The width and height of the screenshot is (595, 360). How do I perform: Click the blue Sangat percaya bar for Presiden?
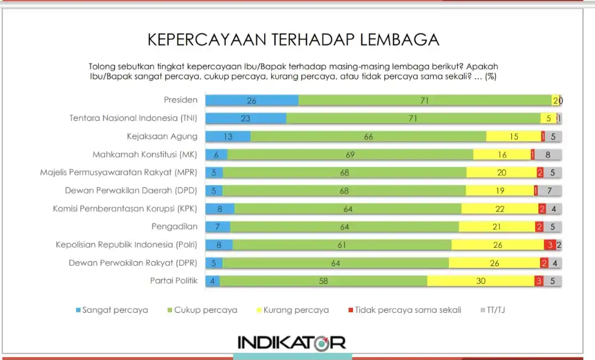[252, 100]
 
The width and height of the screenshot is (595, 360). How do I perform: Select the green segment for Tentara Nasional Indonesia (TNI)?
[414, 118]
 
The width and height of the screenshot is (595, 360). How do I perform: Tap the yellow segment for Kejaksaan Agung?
[513, 136]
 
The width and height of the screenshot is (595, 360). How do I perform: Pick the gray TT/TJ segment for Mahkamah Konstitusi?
[548, 155]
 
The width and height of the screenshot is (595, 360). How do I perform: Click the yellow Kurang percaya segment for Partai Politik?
[481, 281]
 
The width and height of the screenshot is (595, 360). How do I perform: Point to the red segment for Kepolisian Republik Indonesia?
[550, 245]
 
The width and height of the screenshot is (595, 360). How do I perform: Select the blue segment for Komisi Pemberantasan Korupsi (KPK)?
[220, 209]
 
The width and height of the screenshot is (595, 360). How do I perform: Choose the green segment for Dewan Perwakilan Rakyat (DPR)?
[336, 263]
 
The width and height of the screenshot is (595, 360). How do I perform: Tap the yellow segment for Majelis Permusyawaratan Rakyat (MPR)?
[501, 173]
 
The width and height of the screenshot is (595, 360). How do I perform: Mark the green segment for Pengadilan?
[345, 227]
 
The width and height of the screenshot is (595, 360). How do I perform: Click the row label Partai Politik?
[174, 281]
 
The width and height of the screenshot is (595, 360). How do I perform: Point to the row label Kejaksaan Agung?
[162, 136]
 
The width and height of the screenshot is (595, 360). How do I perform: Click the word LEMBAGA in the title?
[400, 40]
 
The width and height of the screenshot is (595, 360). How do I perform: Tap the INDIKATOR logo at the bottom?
[291, 342]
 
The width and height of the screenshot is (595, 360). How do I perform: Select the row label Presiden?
[181, 100]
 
